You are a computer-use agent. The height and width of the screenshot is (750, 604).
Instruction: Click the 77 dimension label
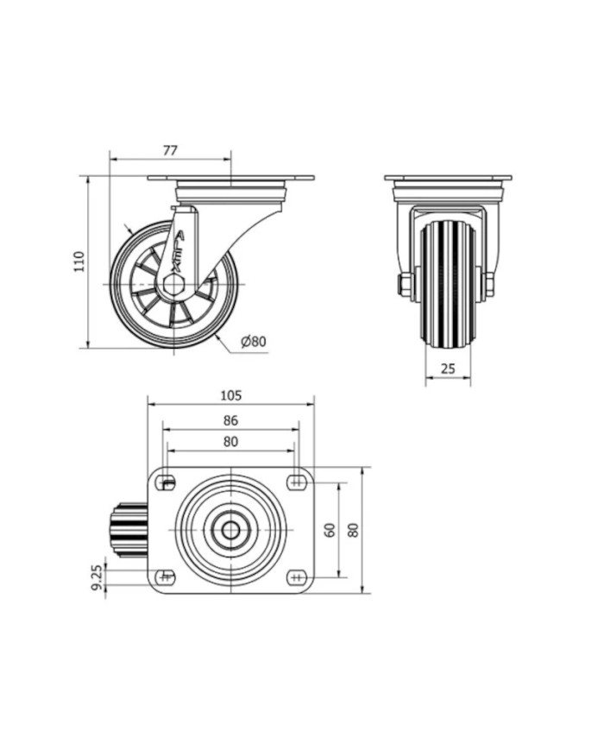click(170, 150)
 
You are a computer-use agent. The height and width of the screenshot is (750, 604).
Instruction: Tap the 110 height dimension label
click(79, 262)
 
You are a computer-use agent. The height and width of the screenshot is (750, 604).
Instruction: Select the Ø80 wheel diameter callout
click(254, 342)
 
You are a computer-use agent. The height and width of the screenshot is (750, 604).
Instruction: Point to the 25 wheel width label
click(448, 369)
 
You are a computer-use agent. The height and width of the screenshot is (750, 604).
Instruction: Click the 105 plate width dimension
click(231, 395)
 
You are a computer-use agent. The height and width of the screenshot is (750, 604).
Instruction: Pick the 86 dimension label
click(230, 420)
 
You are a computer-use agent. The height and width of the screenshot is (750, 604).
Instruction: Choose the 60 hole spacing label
click(330, 530)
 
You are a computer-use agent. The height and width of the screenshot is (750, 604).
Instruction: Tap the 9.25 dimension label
click(97, 577)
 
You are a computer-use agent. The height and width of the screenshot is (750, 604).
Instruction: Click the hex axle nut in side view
click(173, 285)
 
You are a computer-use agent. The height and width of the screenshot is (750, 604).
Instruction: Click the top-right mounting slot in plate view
click(298, 482)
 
